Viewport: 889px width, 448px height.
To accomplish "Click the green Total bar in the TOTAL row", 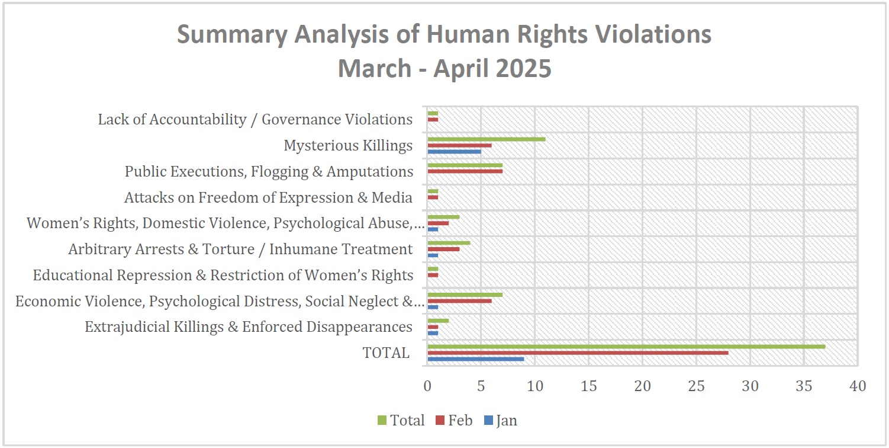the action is pyautogui.click(x=626, y=347).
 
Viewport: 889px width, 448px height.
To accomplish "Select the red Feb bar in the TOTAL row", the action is pyautogui.click(x=578, y=353).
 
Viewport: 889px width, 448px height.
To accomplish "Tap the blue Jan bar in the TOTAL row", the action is pyautogui.click(x=475, y=359).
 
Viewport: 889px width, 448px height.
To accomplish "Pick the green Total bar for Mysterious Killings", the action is pyautogui.click(x=487, y=139).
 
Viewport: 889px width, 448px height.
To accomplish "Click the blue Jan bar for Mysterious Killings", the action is pyautogui.click(x=454, y=152).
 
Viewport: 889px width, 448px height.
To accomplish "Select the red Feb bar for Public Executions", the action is pyautogui.click(x=465, y=171).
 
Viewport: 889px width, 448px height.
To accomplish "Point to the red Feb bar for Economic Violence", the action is pyautogui.click(x=459, y=301).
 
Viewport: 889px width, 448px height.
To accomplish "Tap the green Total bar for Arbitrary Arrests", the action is pyautogui.click(x=449, y=243).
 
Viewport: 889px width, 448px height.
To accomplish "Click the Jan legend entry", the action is pyautogui.click(x=501, y=420).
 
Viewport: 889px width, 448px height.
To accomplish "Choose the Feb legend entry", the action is pyautogui.click(x=454, y=420).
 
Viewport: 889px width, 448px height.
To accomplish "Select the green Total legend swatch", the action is pyautogui.click(x=382, y=420).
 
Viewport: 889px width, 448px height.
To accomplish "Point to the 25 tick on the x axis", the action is pyautogui.click(x=697, y=386).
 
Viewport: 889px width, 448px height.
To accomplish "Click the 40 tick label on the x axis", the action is pyautogui.click(x=858, y=386).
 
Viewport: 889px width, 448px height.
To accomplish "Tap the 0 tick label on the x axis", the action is pyautogui.click(x=427, y=386).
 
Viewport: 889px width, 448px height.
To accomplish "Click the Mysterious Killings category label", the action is pyautogui.click(x=348, y=146).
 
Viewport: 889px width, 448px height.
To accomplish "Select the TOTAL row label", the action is pyautogui.click(x=386, y=353).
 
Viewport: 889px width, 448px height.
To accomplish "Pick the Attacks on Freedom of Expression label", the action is pyautogui.click(x=268, y=197).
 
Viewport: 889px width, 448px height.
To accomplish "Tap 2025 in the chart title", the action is pyautogui.click(x=523, y=68).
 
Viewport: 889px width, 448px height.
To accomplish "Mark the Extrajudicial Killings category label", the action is pyautogui.click(x=249, y=327).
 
